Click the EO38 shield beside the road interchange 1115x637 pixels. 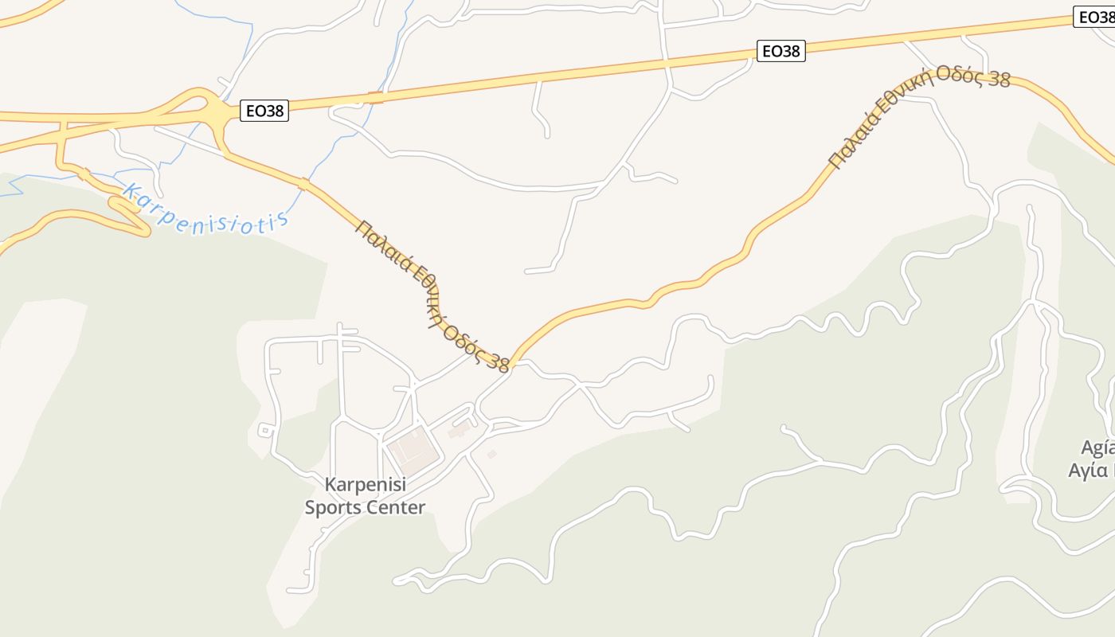pyautogui.click(x=264, y=111)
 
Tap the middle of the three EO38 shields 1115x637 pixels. pyautogui.click(x=780, y=52)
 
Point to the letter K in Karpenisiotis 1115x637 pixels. pyautogui.click(x=131, y=192)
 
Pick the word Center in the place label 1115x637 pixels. pyautogui.click(x=395, y=507)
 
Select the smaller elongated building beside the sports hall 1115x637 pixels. pyautogui.click(x=460, y=430)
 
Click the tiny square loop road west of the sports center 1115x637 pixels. pyautogui.click(x=265, y=431)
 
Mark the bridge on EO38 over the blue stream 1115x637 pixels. pyautogui.click(x=376, y=98)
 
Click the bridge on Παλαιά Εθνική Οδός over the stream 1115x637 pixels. pyautogui.click(x=303, y=185)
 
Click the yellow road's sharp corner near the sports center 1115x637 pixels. pyautogui.click(x=513, y=363)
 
